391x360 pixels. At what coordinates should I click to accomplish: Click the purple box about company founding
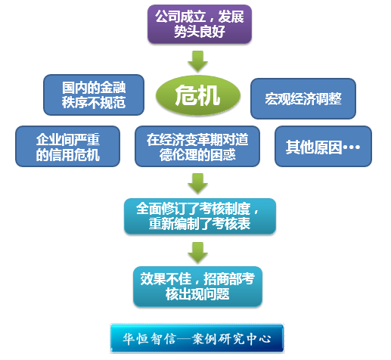coord(200,24)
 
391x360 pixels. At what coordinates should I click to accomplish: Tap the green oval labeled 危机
coord(198,95)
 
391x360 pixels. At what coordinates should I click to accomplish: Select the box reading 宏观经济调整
coord(303,98)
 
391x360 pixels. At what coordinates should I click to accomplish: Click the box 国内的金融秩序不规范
coord(94,95)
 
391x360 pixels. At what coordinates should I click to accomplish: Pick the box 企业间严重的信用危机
coord(67,147)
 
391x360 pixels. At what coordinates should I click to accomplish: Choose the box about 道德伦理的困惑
coord(197,147)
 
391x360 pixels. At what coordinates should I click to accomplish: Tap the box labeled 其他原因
coord(323,147)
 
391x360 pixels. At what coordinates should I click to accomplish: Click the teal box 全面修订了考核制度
coord(200,216)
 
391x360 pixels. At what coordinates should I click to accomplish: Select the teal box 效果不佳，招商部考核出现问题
coord(197,287)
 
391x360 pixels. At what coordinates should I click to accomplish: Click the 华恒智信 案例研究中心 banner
coord(197,338)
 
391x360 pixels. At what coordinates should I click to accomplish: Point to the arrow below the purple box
coord(198,61)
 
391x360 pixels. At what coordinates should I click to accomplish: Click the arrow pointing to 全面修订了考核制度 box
coord(198,183)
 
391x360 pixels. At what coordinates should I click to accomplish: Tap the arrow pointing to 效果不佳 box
coord(198,253)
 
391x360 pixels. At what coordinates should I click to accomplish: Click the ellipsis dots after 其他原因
coord(352,147)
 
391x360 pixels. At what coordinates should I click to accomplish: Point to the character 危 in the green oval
coord(186,95)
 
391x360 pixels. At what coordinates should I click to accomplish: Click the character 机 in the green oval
coord(209,95)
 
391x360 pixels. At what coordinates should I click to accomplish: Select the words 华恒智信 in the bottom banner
coord(149,339)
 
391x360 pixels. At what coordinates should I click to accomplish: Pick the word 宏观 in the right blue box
coord(278,98)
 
